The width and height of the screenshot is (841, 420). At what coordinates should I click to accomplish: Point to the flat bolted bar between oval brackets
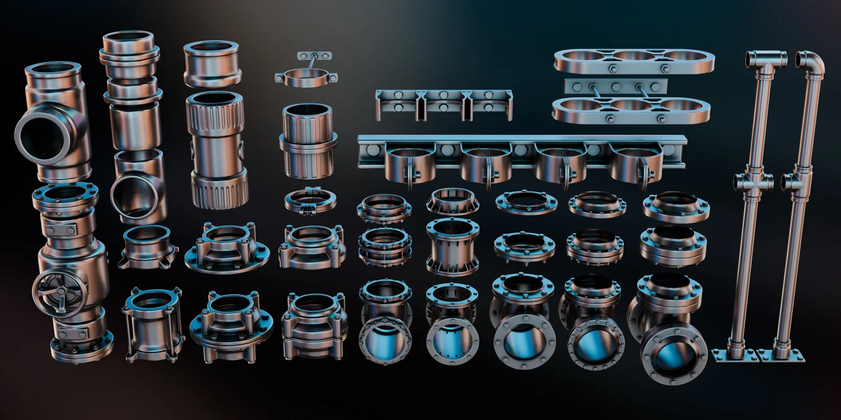tap(616, 87)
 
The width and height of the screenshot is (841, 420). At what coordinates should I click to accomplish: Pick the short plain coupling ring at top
tap(212, 64)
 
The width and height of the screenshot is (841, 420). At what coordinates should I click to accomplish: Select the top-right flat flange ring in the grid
tap(675, 205)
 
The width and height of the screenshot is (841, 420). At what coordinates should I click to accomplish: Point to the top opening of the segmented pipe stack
tap(127, 40)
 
